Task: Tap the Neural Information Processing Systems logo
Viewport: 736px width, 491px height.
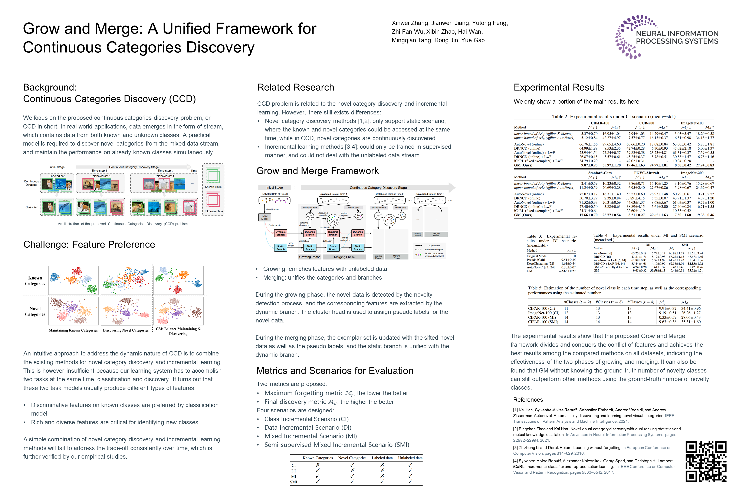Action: [667, 37]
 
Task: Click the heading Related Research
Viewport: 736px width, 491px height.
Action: [295, 87]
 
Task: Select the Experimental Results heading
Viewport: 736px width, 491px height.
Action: [559, 87]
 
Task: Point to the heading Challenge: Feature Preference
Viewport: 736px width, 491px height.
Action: [89, 244]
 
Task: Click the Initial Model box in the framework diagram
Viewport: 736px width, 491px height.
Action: [264, 217]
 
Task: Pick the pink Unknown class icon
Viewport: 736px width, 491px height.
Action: [213, 200]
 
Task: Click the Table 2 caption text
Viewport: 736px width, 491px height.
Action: [614, 117]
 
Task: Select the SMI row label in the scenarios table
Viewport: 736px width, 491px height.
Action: [293, 482]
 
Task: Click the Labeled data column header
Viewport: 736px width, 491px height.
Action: [382, 458]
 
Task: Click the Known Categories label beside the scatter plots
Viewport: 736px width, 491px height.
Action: [35, 281]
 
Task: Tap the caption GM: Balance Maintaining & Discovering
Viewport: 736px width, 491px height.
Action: [178, 331]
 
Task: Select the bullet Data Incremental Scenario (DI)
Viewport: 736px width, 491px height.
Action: [308, 427]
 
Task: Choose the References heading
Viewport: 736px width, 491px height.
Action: [528, 400]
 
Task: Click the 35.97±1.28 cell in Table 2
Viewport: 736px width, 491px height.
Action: [611, 165]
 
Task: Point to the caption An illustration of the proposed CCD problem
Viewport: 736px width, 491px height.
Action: [123, 224]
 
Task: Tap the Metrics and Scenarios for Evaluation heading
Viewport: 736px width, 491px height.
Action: [335, 371]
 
